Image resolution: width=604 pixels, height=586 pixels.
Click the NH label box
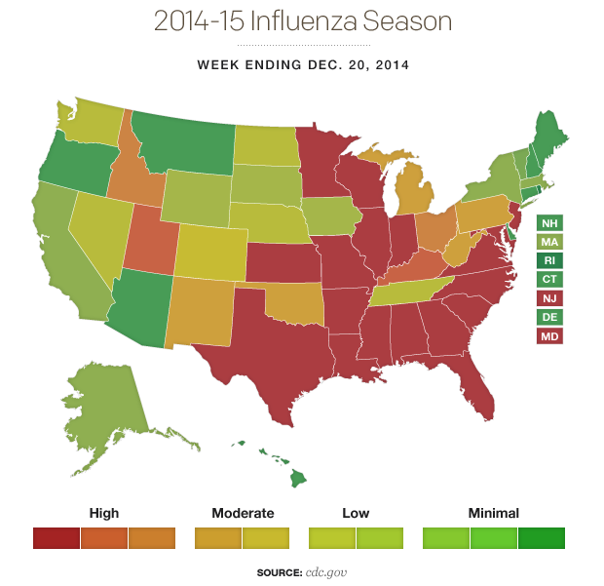pos(549,223)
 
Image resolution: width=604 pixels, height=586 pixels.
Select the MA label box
pos(549,242)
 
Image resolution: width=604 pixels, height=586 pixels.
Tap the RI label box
pos(549,260)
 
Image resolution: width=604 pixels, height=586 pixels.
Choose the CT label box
pos(549,279)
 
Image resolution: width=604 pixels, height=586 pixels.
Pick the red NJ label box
pos(549,298)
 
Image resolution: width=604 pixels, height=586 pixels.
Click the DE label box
pos(549,317)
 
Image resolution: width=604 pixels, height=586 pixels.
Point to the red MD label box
pos(549,335)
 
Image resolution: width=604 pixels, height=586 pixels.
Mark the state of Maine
pos(551,137)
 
